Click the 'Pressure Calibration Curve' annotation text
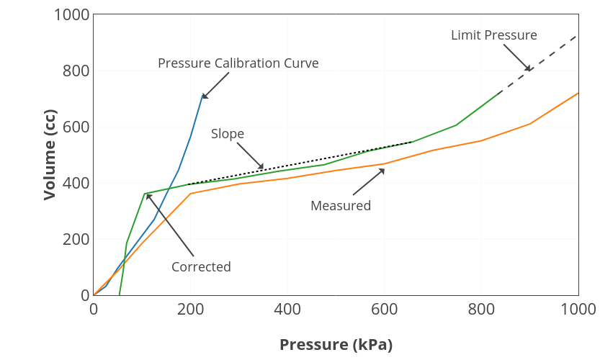(238, 63)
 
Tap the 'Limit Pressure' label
(493, 35)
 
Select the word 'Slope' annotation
(228, 134)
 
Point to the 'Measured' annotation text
(341, 206)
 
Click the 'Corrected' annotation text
(201, 267)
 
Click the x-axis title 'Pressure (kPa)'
(336, 345)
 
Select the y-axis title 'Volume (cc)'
(50, 156)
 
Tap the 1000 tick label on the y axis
(71, 15)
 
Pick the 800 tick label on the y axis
(76, 71)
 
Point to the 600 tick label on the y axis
(76, 127)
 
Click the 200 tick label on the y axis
(76, 240)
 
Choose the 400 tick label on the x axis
(287, 310)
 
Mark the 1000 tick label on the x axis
(578, 310)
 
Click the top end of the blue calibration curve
(203, 94)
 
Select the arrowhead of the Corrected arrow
(146, 194)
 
